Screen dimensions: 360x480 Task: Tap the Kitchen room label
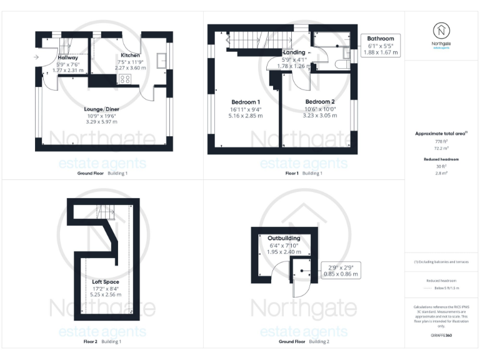(x=130, y=56)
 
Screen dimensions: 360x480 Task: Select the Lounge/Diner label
(x=102, y=109)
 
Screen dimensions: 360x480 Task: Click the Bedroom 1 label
(x=246, y=102)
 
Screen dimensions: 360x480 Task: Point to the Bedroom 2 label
(x=319, y=101)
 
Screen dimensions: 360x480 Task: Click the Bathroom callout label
(x=381, y=39)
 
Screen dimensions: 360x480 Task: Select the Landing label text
(x=294, y=52)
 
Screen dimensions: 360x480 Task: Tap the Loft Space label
(x=101, y=282)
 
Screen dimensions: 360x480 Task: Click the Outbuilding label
(x=284, y=238)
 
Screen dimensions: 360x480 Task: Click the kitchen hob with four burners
(x=124, y=79)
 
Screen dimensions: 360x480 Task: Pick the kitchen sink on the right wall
(x=162, y=61)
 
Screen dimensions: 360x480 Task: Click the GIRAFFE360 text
(x=441, y=336)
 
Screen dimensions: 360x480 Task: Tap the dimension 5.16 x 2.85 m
(x=246, y=116)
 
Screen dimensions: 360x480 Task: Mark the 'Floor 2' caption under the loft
(x=91, y=342)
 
